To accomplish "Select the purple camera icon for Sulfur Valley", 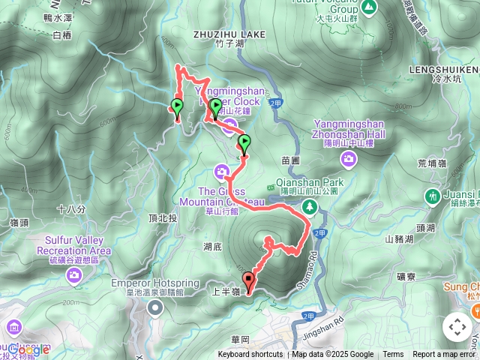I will click(x=74, y=274).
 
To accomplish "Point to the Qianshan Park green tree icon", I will click(x=307, y=205).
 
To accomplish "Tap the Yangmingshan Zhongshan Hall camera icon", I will click(x=348, y=158).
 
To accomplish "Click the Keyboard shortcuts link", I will click(x=250, y=355).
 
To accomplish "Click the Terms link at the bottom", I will click(x=393, y=355).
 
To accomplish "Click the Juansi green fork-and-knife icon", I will click(x=432, y=196).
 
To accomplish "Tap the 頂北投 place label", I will click(x=163, y=217).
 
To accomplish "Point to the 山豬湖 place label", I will click(x=398, y=239).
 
